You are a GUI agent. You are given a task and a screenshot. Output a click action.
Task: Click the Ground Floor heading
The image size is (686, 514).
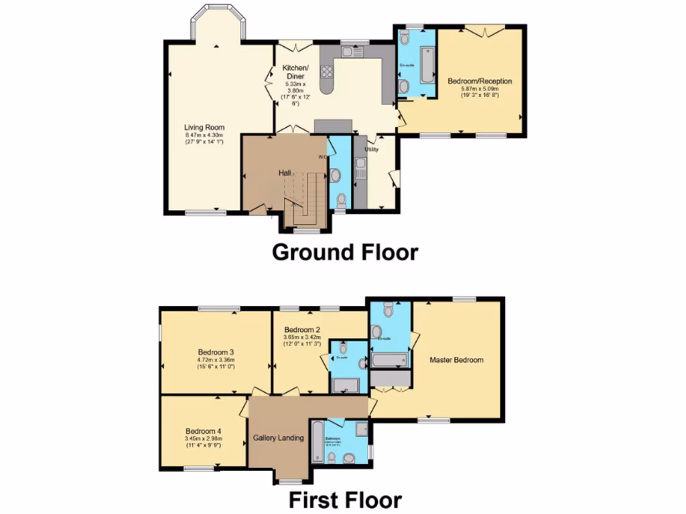tap(345, 252)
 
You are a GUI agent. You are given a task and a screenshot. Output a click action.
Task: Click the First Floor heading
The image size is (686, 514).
tap(345, 499)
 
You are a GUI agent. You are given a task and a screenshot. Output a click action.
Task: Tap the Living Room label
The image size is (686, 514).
tap(204, 127)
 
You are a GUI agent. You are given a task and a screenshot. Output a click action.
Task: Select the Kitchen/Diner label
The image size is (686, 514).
tap(295, 72)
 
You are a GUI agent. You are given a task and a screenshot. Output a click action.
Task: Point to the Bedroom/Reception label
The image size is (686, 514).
tap(480, 81)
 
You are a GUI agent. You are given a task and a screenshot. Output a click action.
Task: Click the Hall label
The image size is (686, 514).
tap(284, 173)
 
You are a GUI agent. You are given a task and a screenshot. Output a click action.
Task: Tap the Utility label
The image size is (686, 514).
tap(372, 149)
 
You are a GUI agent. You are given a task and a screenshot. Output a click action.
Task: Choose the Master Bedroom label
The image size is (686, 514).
tap(456, 360)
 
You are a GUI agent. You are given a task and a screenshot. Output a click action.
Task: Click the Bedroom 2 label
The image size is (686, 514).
tap(302, 330)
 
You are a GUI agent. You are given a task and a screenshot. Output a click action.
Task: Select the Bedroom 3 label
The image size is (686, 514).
tap(215, 352)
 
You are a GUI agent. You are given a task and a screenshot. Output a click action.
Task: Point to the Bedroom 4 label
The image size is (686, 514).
tap(203, 431)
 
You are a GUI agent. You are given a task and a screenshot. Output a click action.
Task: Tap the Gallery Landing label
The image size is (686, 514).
tap(279, 438)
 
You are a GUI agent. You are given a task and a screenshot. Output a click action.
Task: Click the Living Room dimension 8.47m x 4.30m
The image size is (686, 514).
tap(204, 136)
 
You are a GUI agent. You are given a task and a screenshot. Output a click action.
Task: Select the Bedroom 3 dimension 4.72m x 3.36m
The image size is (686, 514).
tap(215, 360)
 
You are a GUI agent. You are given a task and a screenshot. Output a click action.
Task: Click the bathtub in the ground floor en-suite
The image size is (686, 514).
tap(427, 63)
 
